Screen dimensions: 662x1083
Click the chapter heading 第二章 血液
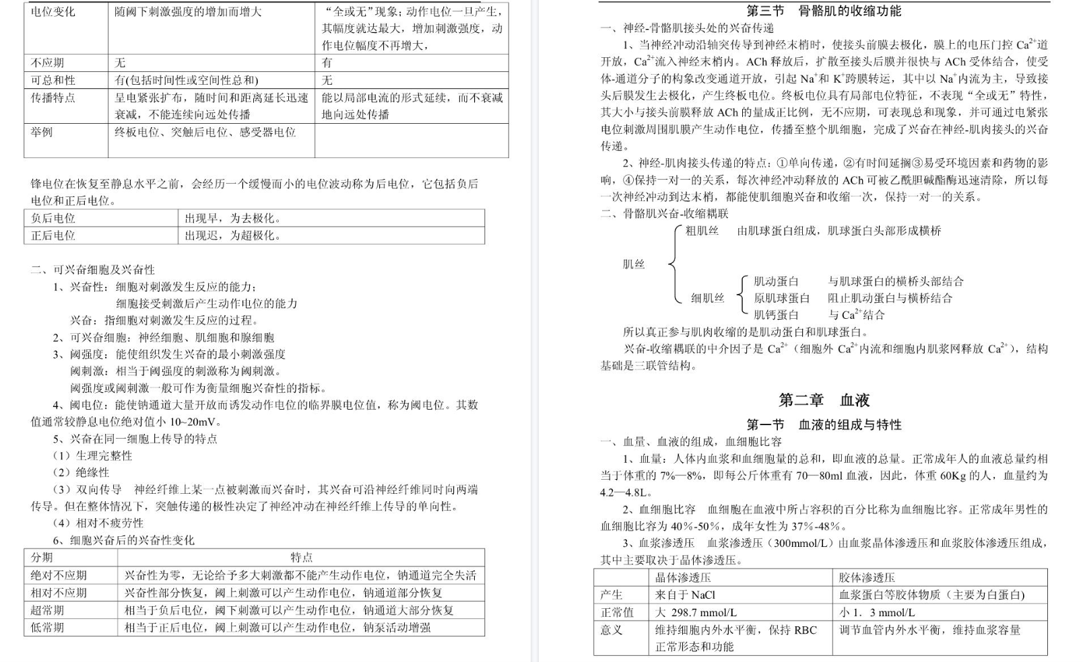point(824,400)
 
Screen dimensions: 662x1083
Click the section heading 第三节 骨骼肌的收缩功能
point(824,11)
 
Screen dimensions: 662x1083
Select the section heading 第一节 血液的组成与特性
point(824,425)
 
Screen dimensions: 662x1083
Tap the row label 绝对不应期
point(59,575)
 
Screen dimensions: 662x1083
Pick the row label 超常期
point(47,610)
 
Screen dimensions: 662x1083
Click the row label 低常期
point(47,627)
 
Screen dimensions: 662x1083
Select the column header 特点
point(301,558)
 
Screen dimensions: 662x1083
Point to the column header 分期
point(42,558)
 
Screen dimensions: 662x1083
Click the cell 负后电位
point(53,218)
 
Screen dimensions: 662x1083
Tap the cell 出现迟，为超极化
point(233,235)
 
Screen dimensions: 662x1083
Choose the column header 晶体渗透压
point(683,577)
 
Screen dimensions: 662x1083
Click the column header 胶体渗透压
point(867,577)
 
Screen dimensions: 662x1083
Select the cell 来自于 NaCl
point(685,595)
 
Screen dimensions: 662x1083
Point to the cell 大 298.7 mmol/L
point(696,612)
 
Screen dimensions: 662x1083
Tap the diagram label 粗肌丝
point(702,231)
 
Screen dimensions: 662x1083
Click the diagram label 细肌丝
point(707,298)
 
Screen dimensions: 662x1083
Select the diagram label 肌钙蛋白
point(776,315)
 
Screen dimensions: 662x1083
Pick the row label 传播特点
point(53,98)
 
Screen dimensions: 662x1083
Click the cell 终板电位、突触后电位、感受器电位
point(205,132)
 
